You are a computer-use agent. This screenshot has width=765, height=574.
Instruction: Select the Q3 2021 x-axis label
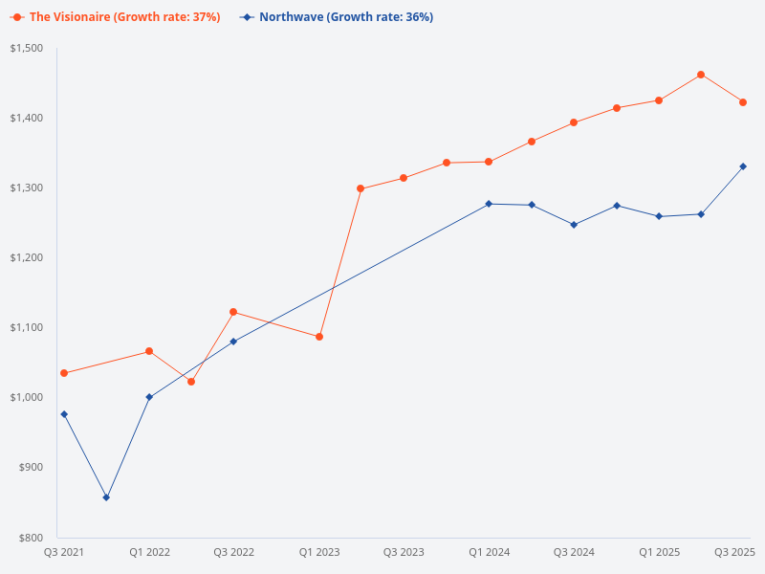pos(64,553)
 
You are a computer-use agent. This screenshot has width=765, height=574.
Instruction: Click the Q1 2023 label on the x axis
pos(318,553)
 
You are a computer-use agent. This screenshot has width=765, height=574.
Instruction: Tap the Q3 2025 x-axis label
pos(735,553)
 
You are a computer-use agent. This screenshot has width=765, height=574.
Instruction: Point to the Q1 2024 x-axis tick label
pos(489,553)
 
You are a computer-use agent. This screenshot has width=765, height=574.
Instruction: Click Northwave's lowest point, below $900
pos(106,497)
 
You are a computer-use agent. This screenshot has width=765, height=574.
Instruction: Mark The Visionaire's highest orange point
pos(701,75)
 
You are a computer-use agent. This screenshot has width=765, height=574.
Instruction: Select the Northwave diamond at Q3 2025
pos(743,166)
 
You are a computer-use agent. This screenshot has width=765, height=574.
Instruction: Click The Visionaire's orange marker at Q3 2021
pos(64,373)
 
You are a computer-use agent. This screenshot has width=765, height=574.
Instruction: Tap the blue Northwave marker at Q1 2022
pos(148,397)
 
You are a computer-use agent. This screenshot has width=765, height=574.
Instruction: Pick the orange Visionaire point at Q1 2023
pos(318,337)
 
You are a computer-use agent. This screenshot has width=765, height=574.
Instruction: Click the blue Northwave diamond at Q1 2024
pos(489,204)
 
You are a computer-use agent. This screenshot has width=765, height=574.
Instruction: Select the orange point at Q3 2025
pos(743,102)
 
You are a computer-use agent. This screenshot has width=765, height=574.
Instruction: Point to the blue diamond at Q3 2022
pos(233,342)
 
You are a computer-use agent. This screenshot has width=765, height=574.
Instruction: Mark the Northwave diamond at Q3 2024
pos(574,225)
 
